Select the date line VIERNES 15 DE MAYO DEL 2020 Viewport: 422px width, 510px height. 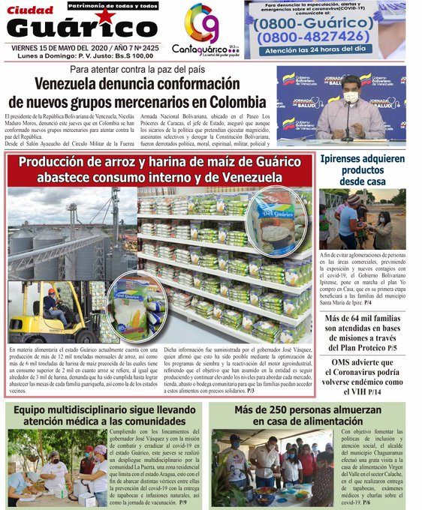60,46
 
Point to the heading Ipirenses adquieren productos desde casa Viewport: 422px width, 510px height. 362,170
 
